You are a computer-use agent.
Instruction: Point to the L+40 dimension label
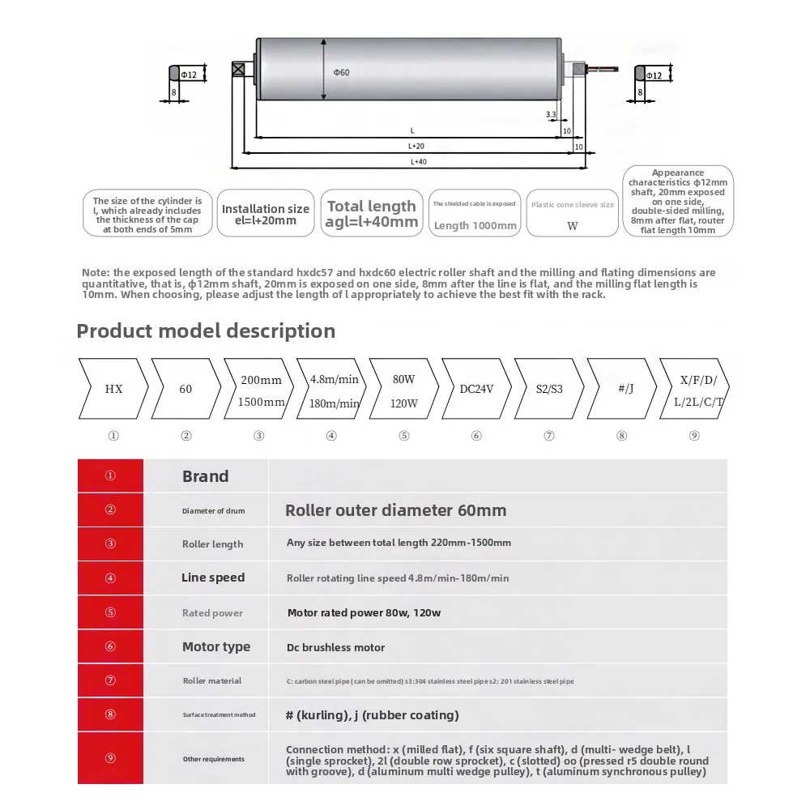click(418, 162)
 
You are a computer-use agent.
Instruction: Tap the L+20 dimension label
click(416, 147)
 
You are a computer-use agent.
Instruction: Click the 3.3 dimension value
click(551, 115)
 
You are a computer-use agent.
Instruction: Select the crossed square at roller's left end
click(238, 69)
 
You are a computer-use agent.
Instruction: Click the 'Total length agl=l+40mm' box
click(372, 213)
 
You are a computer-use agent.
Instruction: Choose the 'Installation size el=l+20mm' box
click(266, 214)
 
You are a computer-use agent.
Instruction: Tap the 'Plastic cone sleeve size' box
click(573, 214)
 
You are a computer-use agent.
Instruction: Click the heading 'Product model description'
click(206, 330)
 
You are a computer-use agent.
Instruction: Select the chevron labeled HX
click(113, 389)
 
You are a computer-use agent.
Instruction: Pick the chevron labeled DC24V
click(476, 389)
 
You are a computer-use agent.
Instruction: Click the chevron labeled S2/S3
click(549, 389)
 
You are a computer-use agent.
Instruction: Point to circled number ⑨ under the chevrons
click(694, 435)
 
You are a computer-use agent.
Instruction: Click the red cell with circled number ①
click(110, 475)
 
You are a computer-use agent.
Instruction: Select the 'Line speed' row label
click(213, 578)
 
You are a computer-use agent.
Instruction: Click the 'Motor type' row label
click(216, 646)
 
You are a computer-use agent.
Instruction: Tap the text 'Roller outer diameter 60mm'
click(396, 510)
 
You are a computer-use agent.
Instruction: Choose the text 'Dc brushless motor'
click(336, 647)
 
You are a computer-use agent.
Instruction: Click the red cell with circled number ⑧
click(110, 714)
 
